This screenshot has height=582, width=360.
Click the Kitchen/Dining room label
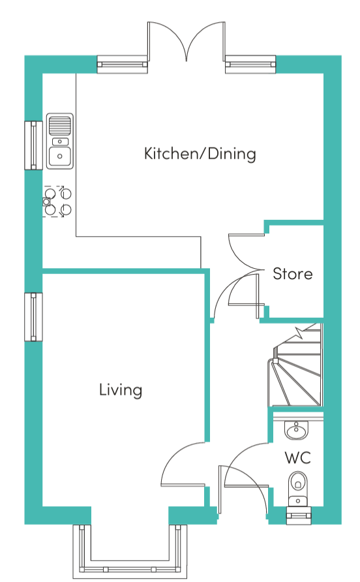200,154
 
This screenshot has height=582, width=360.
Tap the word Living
121,390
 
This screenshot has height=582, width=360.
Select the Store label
292,274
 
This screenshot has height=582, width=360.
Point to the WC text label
297,457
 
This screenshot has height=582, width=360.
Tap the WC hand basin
296,431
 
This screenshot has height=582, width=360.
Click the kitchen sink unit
60,142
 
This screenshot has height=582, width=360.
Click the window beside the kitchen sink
33,145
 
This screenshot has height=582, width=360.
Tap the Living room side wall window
33,317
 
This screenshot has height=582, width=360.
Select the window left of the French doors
122,65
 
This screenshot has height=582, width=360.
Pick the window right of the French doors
250,65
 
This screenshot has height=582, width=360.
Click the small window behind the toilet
299,515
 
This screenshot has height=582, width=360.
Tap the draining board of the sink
60,125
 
